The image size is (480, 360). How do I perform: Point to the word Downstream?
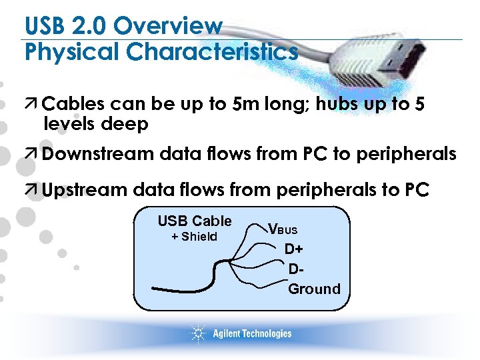[99, 155]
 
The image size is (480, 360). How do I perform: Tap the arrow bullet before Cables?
[32, 105]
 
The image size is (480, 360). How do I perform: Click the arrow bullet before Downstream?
[32, 155]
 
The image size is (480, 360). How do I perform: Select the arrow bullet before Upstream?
[32, 190]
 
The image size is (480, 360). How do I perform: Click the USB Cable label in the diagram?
[195, 221]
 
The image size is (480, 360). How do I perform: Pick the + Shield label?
[194, 237]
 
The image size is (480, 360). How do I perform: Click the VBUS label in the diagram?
[283, 229]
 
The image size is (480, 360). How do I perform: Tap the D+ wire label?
[294, 249]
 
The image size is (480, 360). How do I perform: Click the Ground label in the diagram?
[314, 289]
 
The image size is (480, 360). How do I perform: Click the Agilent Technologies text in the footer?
[252, 333]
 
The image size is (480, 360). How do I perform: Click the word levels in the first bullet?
[69, 124]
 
